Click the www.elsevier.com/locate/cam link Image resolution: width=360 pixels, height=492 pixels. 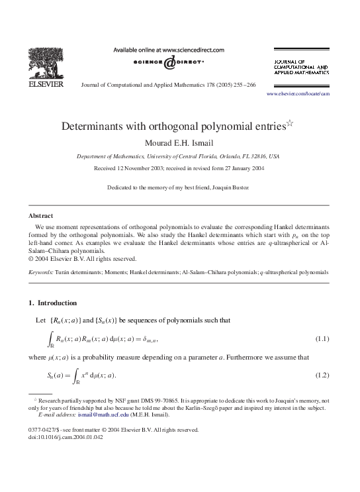coord(297,94)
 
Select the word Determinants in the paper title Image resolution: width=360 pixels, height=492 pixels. coord(101,126)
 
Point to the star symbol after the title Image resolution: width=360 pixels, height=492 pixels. coord(289,123)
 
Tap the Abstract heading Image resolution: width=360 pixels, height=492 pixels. coord(40,216)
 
